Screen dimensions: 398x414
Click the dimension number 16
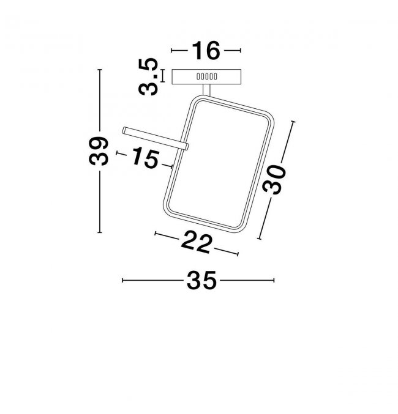[x=206, y=50]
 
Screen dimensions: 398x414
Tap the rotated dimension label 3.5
[x=148, y=77]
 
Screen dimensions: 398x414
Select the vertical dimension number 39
[x=99, y=151]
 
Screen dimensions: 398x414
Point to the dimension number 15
[x=146, y=158]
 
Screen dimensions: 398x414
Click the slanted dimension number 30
[x=274, y=179]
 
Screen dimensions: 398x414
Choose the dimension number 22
[x=197, y=242]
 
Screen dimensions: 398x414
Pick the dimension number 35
[x=201, y=280]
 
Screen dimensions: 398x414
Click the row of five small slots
[x=207, y=76]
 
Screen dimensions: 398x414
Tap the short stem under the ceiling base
[x=206, y=90]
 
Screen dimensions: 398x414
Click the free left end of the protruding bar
[x=124, y=130]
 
